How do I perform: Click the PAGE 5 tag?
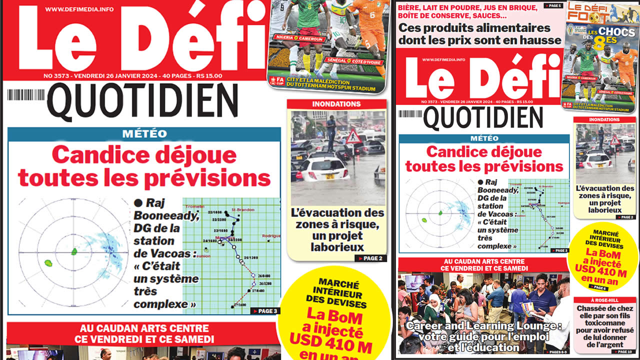point(554,5)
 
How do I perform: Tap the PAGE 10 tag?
point(626,351)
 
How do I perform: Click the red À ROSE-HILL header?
point(604,300)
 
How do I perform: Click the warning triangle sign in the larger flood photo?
point(353,136)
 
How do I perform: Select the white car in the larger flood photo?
point(322,168)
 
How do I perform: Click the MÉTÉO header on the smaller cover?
point(483,138)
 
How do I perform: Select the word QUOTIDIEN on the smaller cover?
point(483,118)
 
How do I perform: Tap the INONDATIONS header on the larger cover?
point(336,104)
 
